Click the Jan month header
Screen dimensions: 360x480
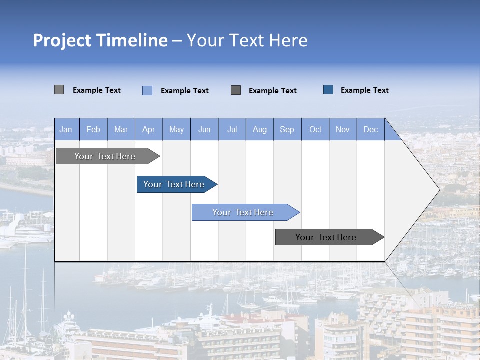pos(66,130)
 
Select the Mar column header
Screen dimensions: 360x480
pos(121,130)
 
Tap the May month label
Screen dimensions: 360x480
pos(176,130)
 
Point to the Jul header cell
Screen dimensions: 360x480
pos(232,130)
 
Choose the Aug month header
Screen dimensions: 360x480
pos(260,130)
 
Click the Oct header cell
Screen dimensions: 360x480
pos(315,130)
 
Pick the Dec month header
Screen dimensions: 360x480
pos(370,130)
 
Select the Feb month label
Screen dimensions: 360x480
pos(93,130)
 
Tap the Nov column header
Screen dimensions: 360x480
pos(343,130)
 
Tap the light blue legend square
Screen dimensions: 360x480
pos(147,90)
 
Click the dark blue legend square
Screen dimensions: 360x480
pos(328,90)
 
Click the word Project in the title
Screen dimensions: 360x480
pos(62,40)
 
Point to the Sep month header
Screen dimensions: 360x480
pos(287,130)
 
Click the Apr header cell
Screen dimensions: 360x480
pos(149,130)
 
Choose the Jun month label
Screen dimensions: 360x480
pos(204,130)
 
